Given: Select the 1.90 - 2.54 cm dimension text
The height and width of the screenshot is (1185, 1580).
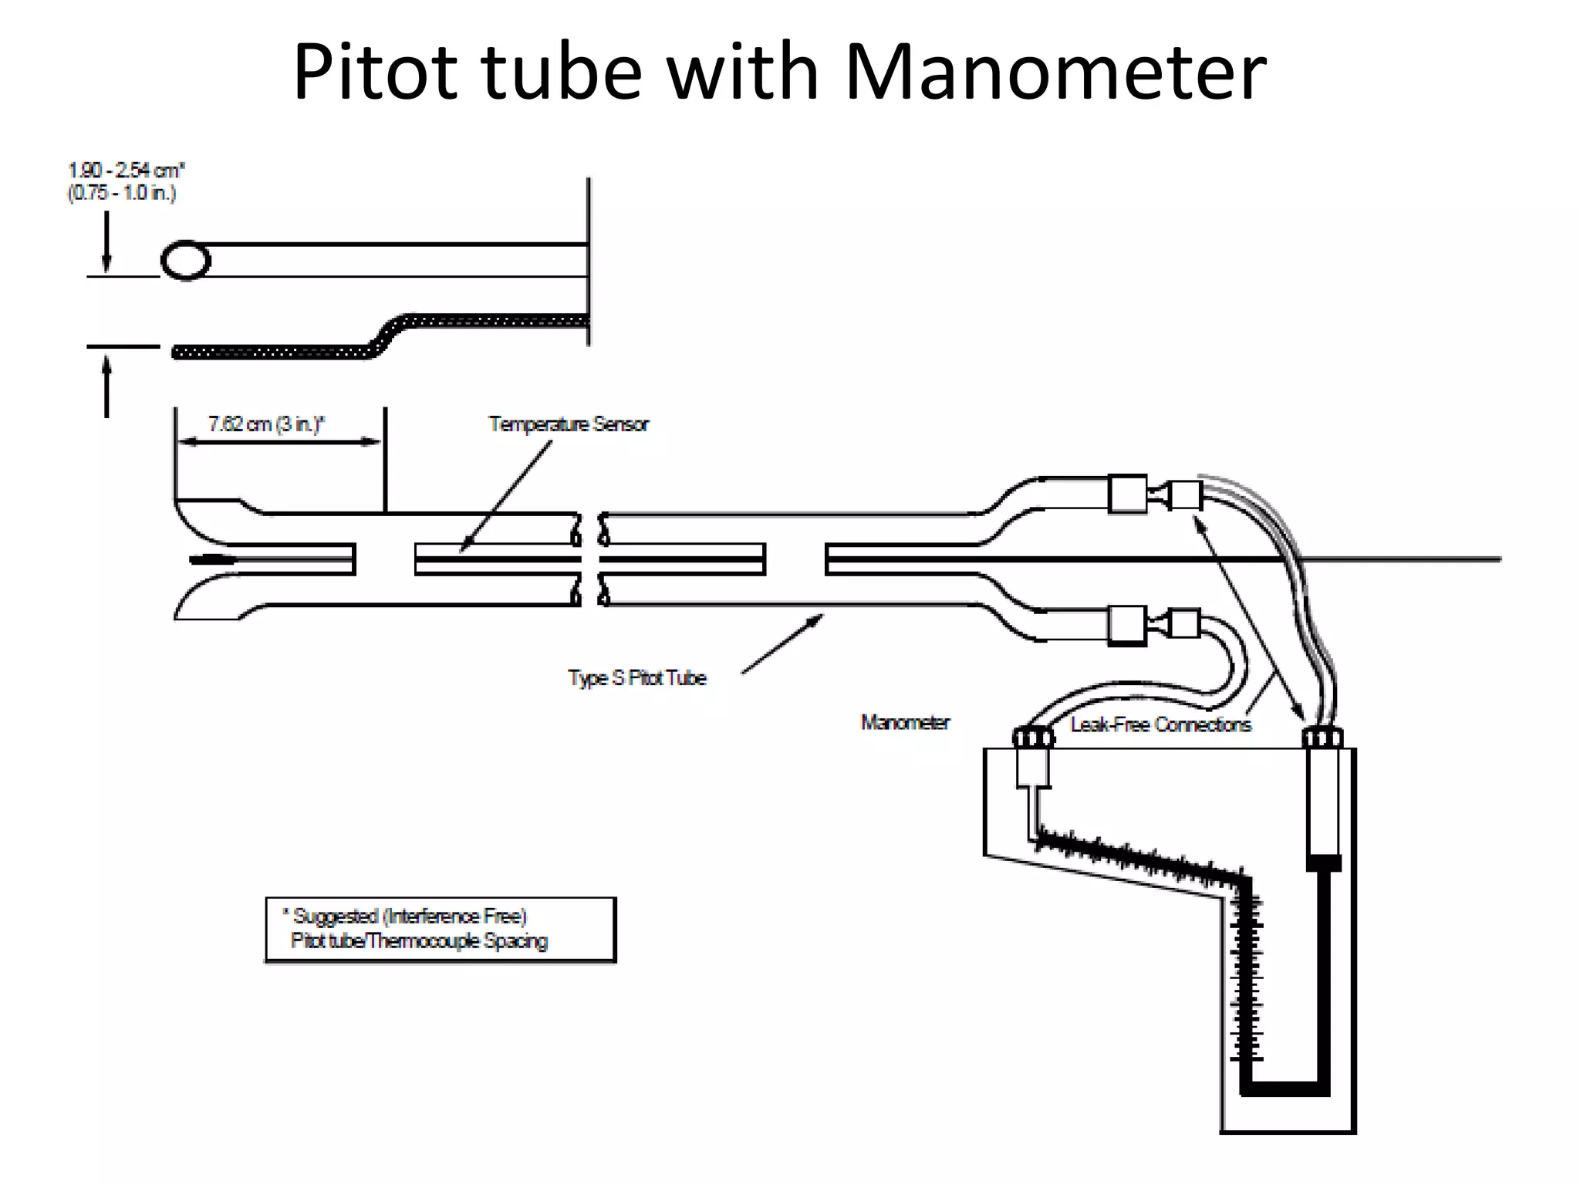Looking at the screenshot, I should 127,170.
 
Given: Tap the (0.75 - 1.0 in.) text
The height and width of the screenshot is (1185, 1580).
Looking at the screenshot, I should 122,193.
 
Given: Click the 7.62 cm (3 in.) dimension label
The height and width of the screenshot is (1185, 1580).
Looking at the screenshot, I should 266,424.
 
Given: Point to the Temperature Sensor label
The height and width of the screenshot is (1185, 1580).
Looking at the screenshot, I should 569,424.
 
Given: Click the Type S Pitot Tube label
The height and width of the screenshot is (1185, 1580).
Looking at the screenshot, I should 637,678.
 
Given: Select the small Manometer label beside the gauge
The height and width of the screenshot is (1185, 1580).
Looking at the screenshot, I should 905,723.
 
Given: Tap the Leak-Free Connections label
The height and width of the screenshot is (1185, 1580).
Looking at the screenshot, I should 1160,724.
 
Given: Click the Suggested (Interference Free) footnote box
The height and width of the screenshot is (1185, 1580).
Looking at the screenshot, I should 441,930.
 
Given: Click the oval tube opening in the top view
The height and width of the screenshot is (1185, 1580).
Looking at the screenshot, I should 185,262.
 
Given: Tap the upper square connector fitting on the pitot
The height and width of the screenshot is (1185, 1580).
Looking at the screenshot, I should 1127,494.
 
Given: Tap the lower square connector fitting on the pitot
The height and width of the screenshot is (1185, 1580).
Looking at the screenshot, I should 1127,625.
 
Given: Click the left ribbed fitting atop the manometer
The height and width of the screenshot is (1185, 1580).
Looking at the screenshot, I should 1033,738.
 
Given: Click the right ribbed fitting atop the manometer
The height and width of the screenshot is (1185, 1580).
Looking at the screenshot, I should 1322,738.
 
